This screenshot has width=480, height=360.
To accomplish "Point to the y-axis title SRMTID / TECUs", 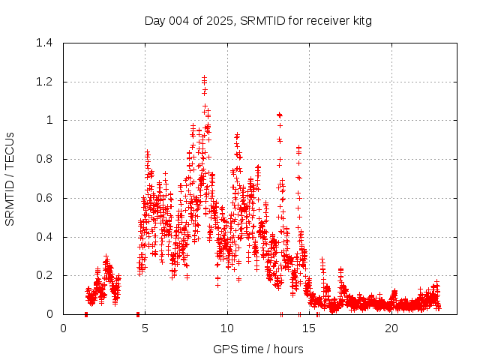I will click(x=10, y=178).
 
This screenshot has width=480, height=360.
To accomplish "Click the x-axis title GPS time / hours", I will click(x=258, y=349).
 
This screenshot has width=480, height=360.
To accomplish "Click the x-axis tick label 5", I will click(x=145, y=328).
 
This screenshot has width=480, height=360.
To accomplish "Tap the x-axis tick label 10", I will click(x=227, y=328).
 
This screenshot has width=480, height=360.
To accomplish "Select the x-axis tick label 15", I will click(x=309, y=328).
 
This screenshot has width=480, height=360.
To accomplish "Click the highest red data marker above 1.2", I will click(x=204, y=77).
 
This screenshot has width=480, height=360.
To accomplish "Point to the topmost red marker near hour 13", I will click(x=280, y=115).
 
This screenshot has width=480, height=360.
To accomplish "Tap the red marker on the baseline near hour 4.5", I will click(x=138, y=314).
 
